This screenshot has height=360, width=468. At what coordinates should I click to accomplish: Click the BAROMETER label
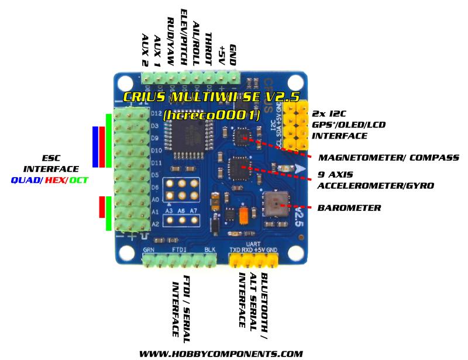coord(349,207)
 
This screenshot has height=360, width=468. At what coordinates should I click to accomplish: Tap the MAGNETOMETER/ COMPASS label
coord(388,158)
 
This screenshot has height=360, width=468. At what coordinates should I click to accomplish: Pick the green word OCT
coord(79,180)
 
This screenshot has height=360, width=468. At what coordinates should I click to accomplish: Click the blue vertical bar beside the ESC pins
coord(95,146)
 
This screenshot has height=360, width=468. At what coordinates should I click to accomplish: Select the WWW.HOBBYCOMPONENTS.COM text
coord(221,354)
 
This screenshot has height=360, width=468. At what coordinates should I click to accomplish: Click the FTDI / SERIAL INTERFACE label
coord(181,305)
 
